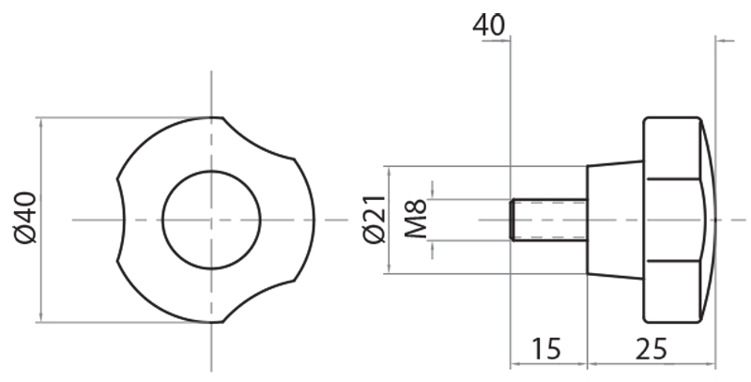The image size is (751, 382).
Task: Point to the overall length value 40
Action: tap(488, 24)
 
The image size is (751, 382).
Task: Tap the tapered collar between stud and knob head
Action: tap(615, 220)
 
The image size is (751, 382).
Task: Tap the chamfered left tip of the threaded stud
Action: tap(513, 220)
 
